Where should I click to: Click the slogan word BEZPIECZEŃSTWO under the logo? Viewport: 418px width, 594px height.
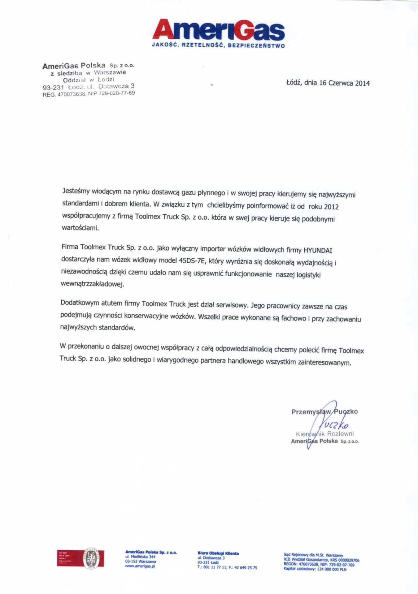pyautogui.click(x=256, y=46)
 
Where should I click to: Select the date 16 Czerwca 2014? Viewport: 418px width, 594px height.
pyautogui.click(x=344, y=83)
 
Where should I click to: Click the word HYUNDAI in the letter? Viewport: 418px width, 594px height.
pyautogui.click(x=318, y=250)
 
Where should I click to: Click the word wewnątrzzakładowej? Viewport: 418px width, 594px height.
pyautogui.click(x=93, y=284)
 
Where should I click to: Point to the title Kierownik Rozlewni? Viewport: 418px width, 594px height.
pyautogui.click(x=325, y=434)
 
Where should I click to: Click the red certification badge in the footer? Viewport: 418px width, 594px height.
pyautogui.click(x=81, y=558)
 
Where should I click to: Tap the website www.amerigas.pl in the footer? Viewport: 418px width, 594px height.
pyautogui.click(x=140, y=566)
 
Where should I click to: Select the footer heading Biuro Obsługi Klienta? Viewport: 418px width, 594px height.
pyautogui.click(x=218, y=553)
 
